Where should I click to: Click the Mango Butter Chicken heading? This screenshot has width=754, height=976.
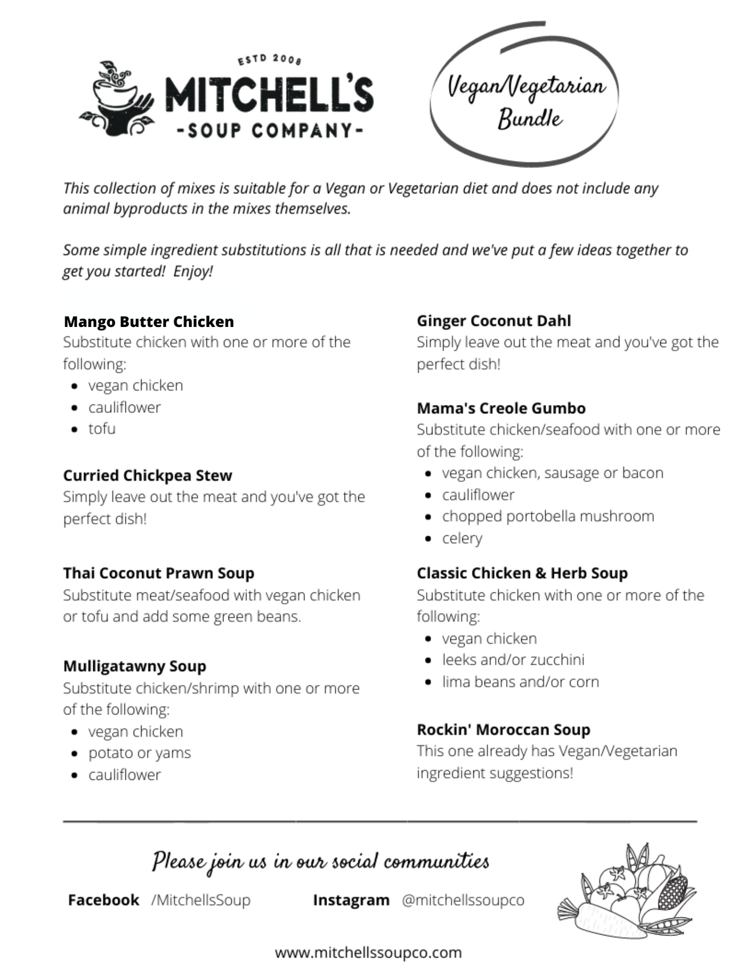[149, 322]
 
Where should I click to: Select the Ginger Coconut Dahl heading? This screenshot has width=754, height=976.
[493, 320]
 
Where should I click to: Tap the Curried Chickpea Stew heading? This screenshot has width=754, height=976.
[148, 475]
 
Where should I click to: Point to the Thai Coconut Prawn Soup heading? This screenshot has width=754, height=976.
[158, 573]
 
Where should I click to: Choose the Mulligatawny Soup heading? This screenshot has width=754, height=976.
[135, 666]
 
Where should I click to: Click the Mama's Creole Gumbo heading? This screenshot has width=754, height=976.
[501, 408]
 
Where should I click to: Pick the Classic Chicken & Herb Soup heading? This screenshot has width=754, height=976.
[522, 573]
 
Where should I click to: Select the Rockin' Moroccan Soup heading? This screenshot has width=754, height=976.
[503, 729]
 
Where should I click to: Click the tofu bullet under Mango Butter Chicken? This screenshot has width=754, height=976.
[102, 429]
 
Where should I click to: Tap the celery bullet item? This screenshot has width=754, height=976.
[462, 538]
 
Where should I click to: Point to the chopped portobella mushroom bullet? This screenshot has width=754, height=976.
[548, 516]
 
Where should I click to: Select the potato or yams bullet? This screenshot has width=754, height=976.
[139, 752]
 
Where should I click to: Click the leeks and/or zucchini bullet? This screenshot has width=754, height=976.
[513, 660]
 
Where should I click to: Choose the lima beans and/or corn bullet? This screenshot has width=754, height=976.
[520, 681]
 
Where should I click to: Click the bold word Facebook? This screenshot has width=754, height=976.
[103, 900]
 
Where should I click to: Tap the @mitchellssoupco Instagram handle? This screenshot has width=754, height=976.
[463, 900]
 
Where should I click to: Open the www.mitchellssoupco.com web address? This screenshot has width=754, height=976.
[368, 952]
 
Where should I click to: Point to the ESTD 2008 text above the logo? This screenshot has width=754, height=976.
[270, 59]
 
